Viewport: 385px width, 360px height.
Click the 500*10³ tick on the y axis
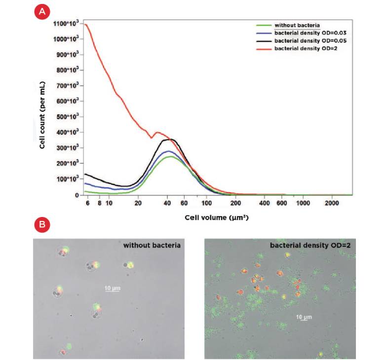[x=67, y=117]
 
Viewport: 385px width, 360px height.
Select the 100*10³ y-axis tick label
[x=67, y=179]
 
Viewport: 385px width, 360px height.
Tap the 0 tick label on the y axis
[x=77, y=195]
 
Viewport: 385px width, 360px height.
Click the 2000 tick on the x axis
[x=332, y=203]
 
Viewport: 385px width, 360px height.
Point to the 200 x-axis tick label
[x=235, y=203]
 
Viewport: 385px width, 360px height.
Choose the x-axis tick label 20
[x=139, y=203]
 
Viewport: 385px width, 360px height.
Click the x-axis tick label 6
[x=87, y=203]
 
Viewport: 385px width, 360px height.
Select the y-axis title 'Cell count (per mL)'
[x=43, y=109]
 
